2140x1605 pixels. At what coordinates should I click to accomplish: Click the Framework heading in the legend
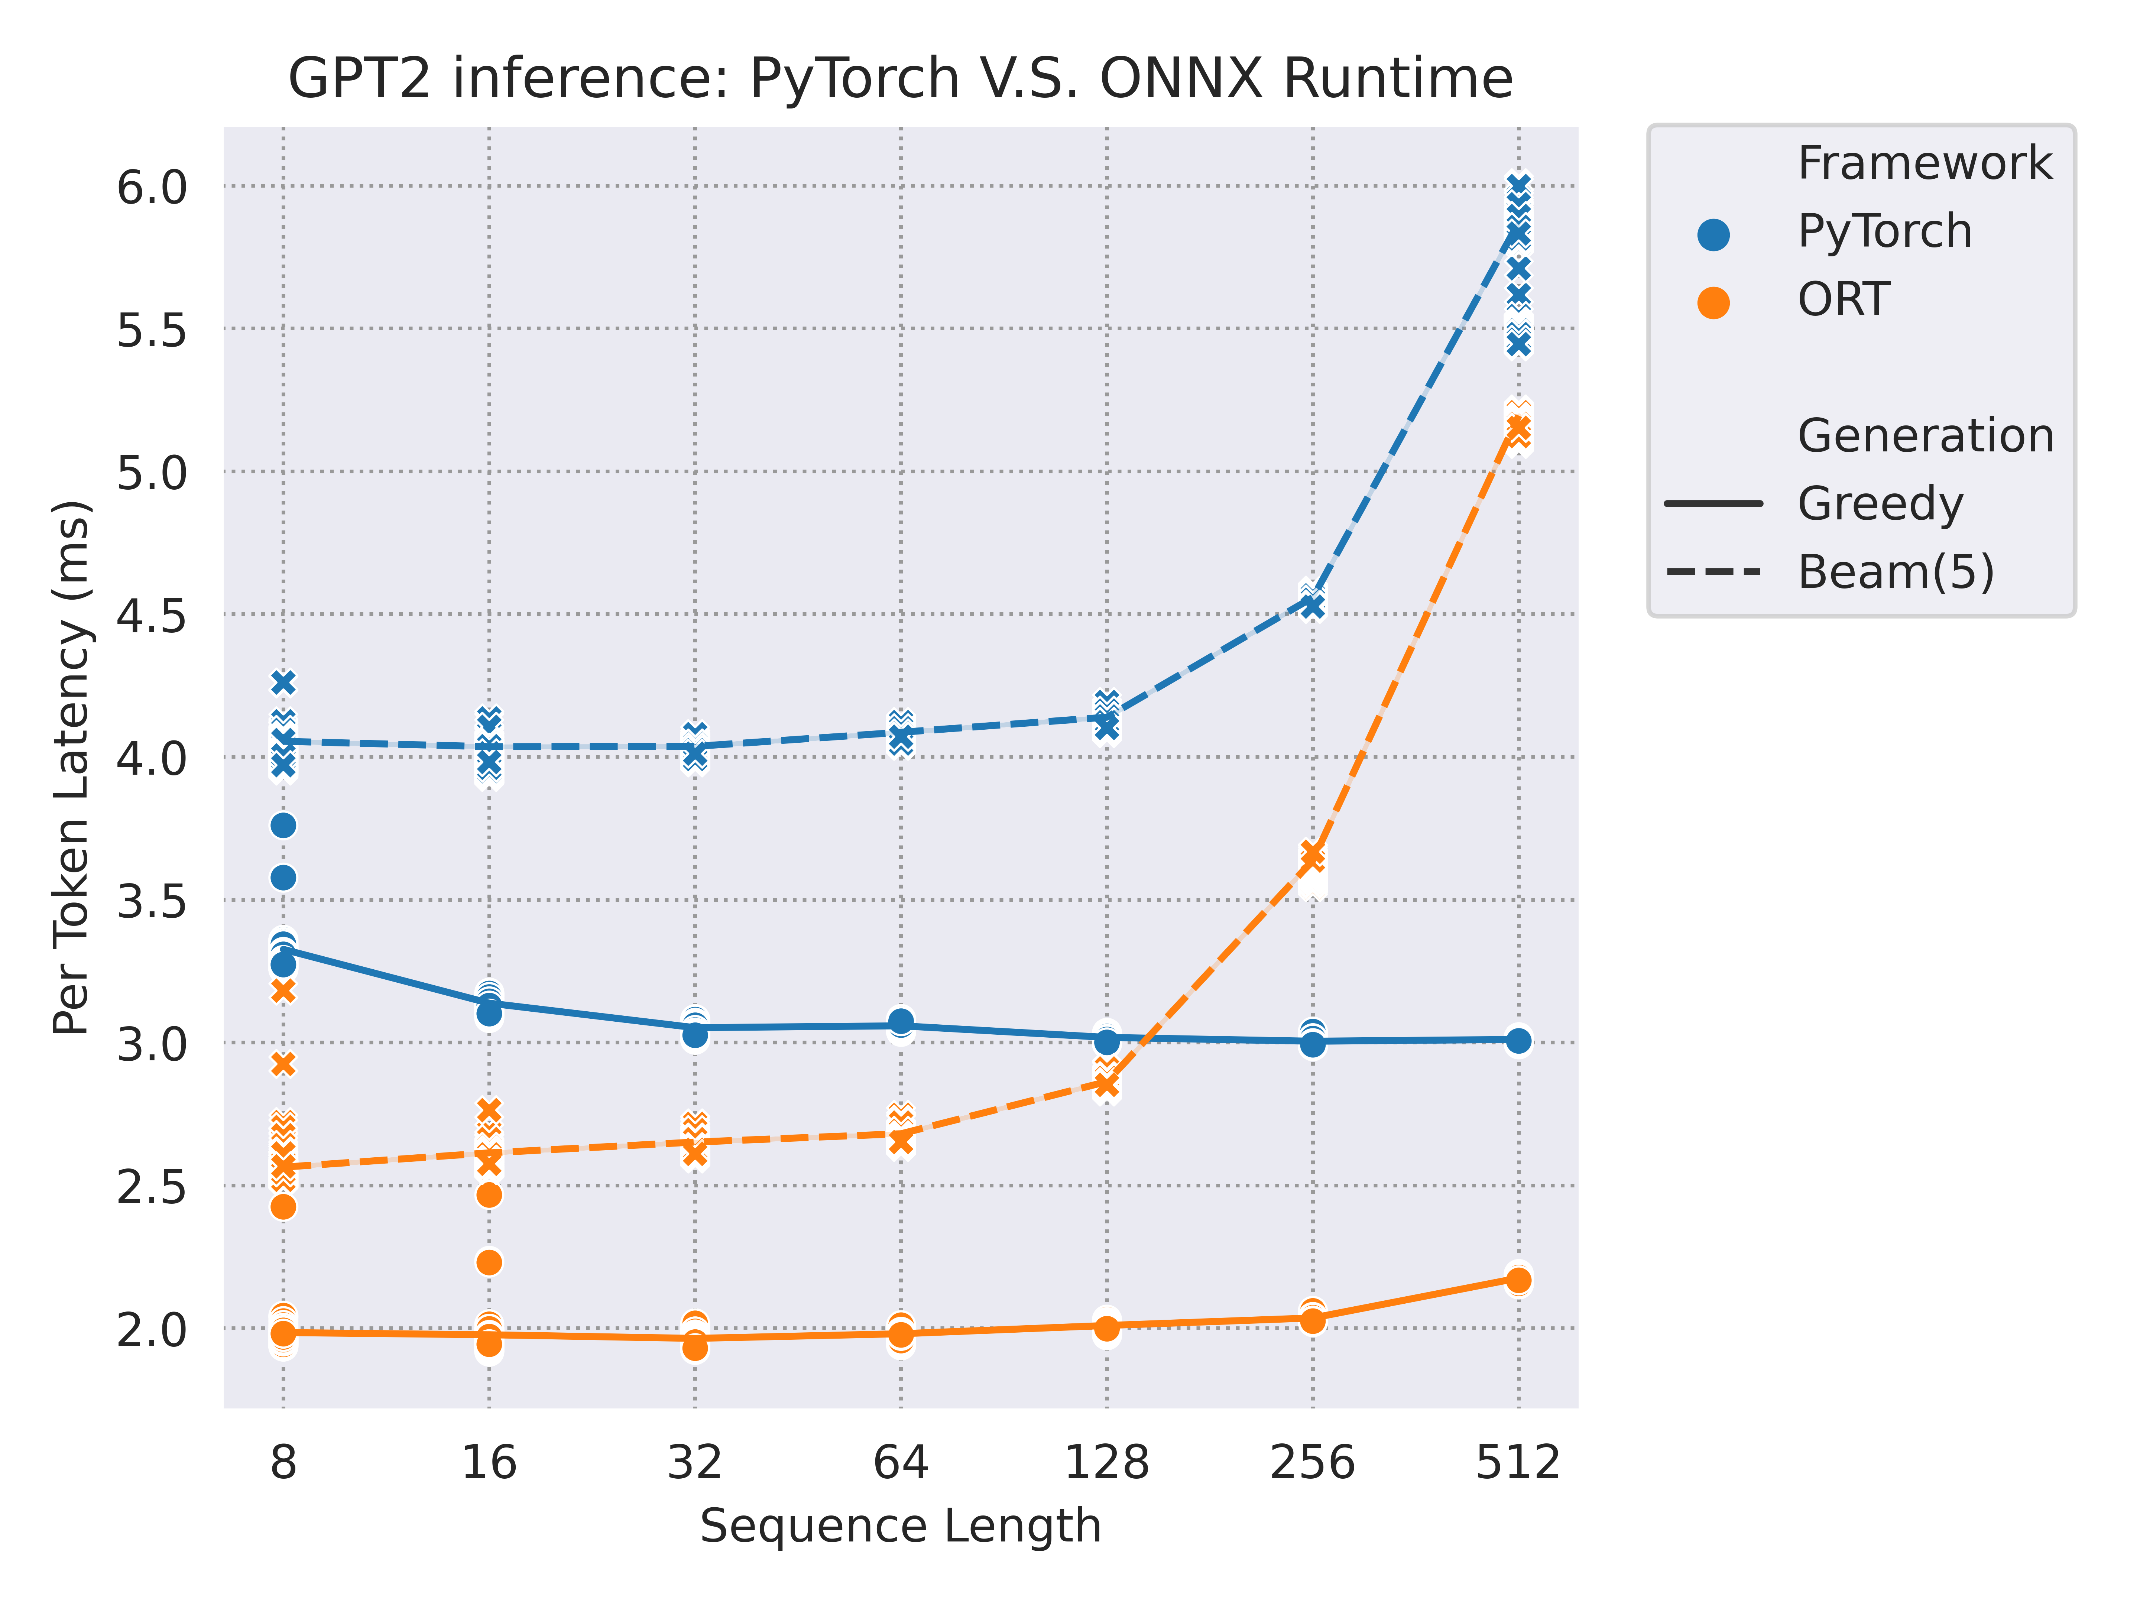click(1923, 162)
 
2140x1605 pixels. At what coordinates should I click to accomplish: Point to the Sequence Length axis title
click(900, 1527)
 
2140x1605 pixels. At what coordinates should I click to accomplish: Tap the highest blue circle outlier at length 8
click(283, 825)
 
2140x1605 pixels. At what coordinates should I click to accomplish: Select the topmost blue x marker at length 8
click(283, 682)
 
